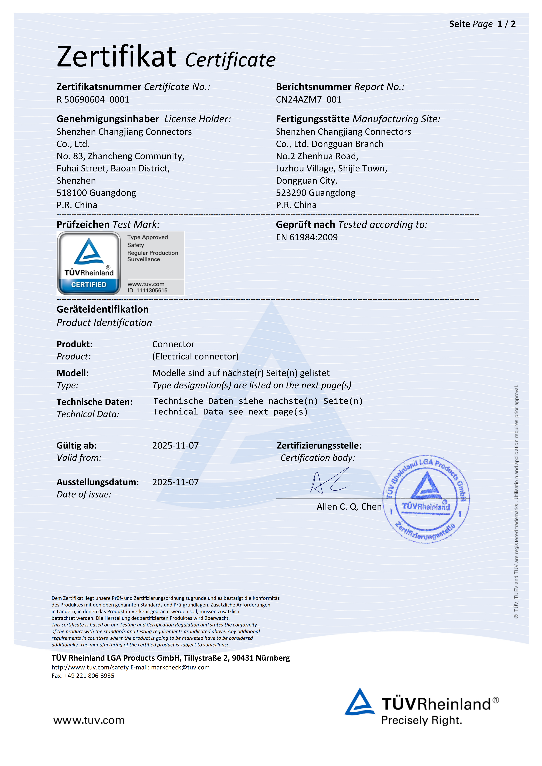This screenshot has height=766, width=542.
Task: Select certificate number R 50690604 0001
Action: click(93, 99)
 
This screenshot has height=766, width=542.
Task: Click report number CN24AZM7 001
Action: click(308, 99)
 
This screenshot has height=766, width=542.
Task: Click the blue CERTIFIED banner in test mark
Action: click(89, 285)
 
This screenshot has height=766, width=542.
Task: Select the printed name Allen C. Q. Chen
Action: click(349, 507)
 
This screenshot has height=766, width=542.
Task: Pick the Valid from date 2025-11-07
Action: click(175, 446)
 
